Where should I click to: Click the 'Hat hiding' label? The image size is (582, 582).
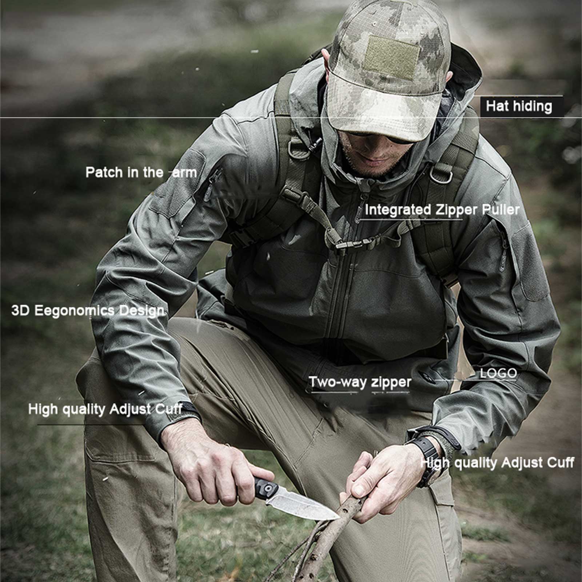(x=519, y=106)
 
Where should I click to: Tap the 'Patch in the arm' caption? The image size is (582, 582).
(x=141, y=172)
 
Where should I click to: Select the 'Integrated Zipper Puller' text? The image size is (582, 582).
(x=442, y=210)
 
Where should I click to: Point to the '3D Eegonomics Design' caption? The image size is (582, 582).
(x=88, y=311)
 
